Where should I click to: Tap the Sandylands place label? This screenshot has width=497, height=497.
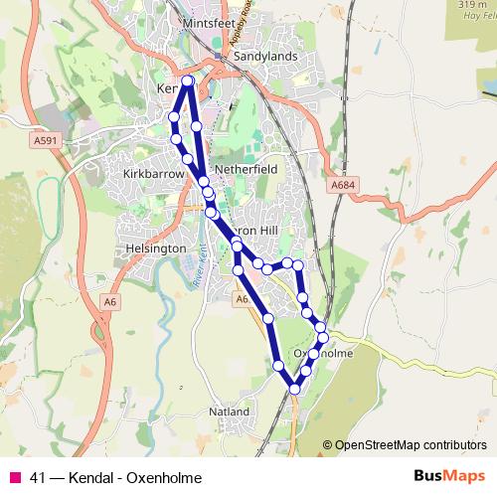click(265, 57)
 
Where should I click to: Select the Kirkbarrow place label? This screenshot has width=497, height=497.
click(153, 173)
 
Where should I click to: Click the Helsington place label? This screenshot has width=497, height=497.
click(150, 248)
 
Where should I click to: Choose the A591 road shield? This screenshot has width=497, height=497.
click(45, 141)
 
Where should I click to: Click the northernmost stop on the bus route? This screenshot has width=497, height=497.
click(187, 81)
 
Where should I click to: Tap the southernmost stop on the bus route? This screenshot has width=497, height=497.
click(294, 390)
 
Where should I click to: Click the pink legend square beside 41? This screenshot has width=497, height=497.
click(14, 477)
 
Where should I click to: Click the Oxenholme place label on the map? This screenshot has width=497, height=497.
click(323, 354)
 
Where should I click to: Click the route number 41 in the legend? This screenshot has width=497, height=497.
click(40, 477)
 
